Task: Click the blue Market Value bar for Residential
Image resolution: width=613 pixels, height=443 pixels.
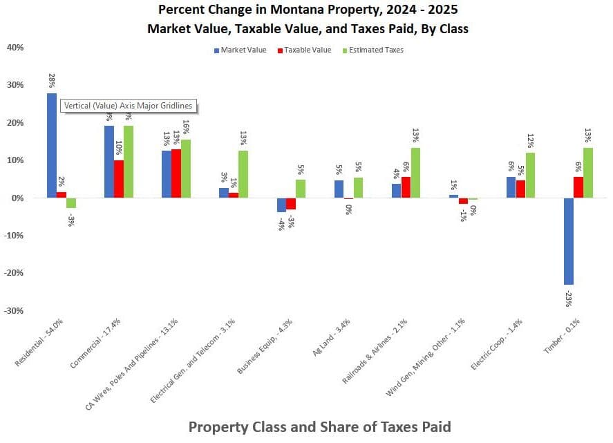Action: point(52,145)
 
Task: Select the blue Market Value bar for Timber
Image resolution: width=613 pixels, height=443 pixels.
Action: point(568,241)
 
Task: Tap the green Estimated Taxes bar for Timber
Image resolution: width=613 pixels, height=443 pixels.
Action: point(588,173)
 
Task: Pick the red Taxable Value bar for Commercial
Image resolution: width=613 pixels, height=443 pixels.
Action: point(119,179)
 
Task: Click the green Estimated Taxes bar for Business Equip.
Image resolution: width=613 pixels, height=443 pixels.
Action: point(301,189)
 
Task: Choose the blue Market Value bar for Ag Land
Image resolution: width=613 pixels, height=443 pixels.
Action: point(339,189)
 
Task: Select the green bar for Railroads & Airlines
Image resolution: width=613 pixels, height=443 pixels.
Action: point(415,173)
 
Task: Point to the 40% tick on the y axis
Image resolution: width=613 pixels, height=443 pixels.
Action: point(15,48)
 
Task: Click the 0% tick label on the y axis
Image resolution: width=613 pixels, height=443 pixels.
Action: point(18,198)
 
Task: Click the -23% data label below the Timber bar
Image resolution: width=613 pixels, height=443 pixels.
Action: point(568,299)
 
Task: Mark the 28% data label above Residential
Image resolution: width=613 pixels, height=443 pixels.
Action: point(52,79)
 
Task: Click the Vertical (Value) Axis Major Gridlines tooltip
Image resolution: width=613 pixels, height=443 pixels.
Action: point(128,106)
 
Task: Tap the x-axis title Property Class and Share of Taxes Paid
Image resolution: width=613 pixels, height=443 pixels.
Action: point(319,426)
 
